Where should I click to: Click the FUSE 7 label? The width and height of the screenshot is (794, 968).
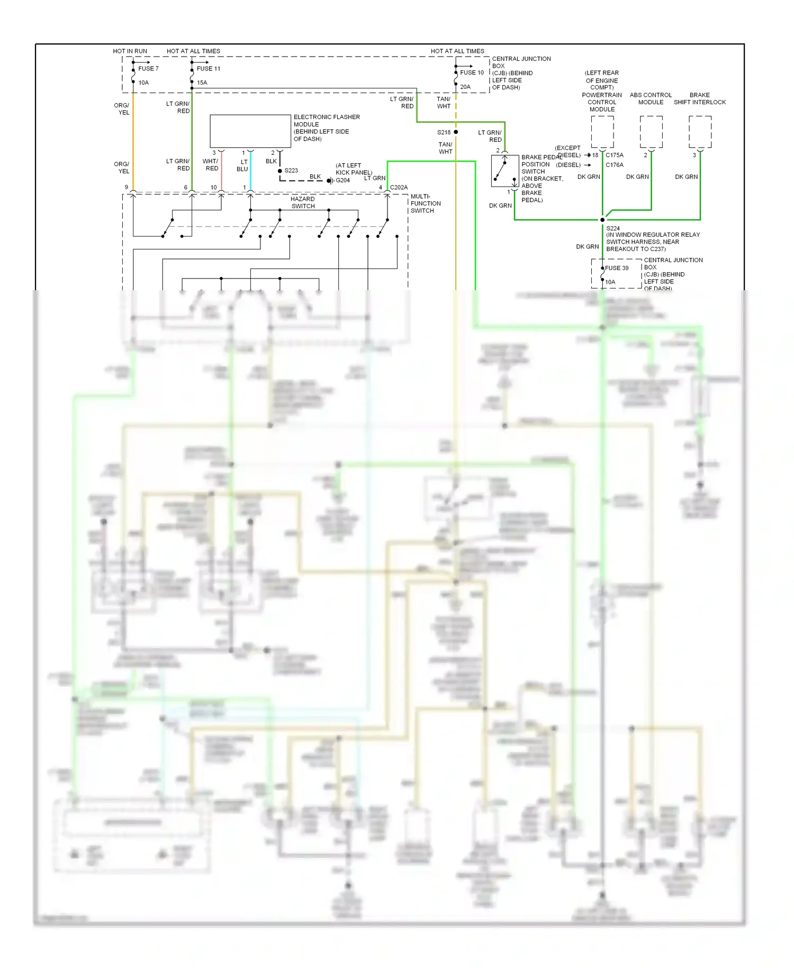(x=148, y=68)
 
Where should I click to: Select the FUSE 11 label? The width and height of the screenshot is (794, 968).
(x=208, y=68)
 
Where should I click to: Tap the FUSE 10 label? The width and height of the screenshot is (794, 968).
(x=472, y=73)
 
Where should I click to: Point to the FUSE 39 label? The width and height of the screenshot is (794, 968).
(x=617, y=268)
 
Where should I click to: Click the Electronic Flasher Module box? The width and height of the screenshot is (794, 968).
(x=250, y=131)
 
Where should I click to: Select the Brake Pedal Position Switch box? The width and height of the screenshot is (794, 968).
(x=504, y=171)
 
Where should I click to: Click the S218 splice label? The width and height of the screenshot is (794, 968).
(x=444, y=132)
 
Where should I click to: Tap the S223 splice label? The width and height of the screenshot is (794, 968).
(x=291, y=171)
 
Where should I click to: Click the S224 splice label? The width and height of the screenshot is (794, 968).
(x=613, y=228)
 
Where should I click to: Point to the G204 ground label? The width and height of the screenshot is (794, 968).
(x=342, y=181)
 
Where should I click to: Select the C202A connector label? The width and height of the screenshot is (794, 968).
(x=399, y=187)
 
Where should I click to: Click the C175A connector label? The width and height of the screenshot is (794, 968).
(x=615, y=155)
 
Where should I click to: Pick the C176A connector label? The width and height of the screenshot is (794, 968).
(x=615, y=165)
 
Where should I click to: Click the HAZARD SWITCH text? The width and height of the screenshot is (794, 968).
(x=303, y=202)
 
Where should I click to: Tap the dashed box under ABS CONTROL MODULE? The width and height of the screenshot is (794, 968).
(x=651, y=132)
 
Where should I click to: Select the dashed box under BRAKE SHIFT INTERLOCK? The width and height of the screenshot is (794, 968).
(x=700, y=132)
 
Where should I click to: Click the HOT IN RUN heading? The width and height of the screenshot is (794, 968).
(x=130, y=51)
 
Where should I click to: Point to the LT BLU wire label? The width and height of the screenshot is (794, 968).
(x=243, y=165)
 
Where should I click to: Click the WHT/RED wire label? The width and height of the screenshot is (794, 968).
(x=211, y=165)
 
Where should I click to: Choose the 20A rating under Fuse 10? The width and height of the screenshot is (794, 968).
(x=465, y=87)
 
